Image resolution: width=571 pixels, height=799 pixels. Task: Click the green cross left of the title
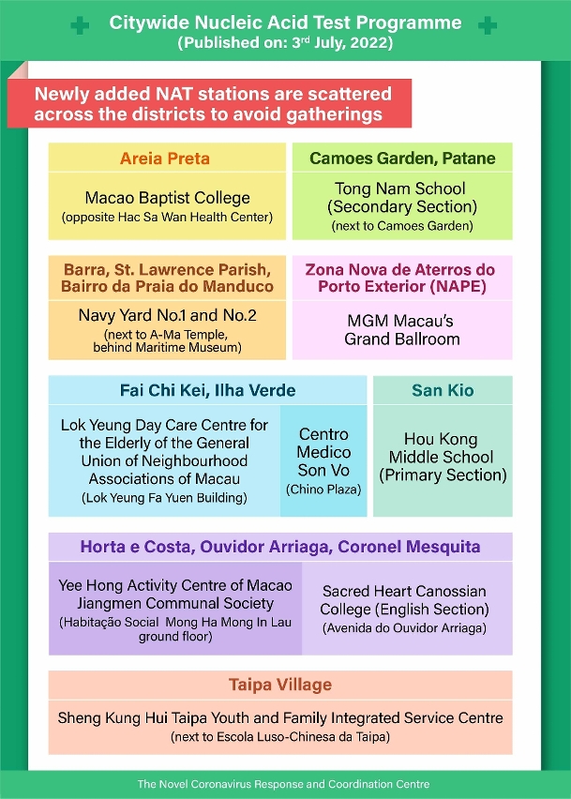[x=80, y=26]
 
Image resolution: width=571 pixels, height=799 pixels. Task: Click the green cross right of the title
[x=487, y=26]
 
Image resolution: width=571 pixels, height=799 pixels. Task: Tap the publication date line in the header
[x=285, y=43]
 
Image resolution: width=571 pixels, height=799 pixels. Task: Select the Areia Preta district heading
[x=165, y=158]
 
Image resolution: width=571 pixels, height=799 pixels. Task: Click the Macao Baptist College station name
[x=168, y=198]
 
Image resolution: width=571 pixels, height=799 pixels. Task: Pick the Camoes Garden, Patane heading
[x=402, y=158]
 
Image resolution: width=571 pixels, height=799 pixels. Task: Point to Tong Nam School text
[x=400, y=198]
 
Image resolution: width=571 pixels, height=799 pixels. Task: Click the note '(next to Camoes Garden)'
[x=400, y=226]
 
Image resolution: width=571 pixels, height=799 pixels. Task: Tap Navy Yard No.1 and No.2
[x=166, y=315]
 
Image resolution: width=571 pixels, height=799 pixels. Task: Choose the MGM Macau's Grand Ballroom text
[x=402, y=329]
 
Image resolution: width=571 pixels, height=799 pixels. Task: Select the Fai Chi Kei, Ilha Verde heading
[x=207, y=390]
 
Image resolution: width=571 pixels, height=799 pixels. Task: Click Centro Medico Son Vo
[x=323, y=452]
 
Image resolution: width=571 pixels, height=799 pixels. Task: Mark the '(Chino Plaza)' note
[x=323, y=490]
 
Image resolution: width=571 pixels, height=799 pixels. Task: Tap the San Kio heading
[x=443, y=390]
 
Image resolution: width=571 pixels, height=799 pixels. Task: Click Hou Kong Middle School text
[x=443, y=457]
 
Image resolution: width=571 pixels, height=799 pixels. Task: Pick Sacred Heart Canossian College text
[x=404, y=600]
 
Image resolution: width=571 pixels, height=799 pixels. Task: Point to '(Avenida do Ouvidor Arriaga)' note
[x=404, y=628]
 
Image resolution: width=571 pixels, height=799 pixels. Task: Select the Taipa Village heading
[x=280, y=686]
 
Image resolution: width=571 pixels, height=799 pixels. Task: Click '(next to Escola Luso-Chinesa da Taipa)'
[x=280, y=738]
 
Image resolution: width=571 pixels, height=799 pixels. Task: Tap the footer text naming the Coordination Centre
[x=283, y=784]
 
